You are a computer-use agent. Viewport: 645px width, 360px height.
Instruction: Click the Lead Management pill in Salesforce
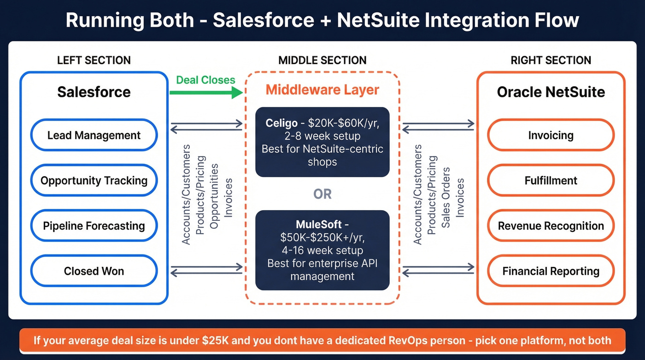point(94,135)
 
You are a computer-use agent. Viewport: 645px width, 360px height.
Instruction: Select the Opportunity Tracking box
point(94,180)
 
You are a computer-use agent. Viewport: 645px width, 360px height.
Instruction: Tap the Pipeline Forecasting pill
point(94,226)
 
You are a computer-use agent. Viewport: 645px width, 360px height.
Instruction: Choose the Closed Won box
point(94,271)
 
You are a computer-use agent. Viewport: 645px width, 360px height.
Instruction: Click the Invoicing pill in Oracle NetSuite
point(551,135)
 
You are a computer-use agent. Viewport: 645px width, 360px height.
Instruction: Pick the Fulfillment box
point(551,180)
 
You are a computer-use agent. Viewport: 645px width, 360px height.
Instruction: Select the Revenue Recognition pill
point(551,226)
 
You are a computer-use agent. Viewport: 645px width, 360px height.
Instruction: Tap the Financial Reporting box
point(551,271)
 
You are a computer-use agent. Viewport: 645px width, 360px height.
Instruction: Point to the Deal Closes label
point(206,80)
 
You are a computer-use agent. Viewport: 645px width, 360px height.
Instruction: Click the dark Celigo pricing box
point(322,142)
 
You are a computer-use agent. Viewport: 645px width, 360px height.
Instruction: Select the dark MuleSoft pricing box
point(322,250)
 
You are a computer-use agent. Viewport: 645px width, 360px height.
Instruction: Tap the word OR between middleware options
point(322,194)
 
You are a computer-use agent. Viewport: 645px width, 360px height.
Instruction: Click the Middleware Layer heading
point(322,89)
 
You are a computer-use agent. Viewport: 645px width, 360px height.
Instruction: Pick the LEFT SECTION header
point(94,60)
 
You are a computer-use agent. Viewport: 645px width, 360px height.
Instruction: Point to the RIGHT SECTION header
point(551,60)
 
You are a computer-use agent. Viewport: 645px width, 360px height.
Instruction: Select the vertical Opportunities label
point(214,196)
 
